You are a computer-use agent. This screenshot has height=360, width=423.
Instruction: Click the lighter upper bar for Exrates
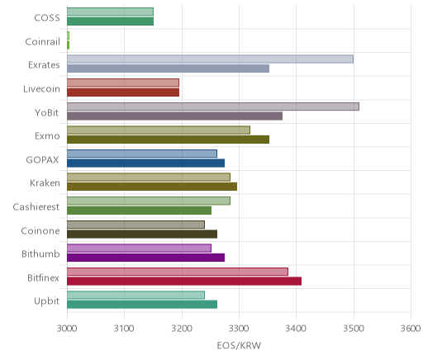[x=210, y=59]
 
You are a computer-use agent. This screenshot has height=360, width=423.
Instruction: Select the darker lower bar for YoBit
[x=174, y=116]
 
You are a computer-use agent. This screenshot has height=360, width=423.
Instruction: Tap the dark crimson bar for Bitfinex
[x=184, y=282]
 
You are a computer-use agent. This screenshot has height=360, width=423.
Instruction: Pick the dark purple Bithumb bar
[x=145, y=258]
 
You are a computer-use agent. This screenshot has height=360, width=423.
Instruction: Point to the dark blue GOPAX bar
[x=145, y=163]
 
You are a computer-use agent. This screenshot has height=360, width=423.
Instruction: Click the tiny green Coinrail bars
[x=68, y=40]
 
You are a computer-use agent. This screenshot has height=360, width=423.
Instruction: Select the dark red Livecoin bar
[x=123, y=92]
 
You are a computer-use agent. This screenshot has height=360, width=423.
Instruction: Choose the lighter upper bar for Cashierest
[x=149, y=201]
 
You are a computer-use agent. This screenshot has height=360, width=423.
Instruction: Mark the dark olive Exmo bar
[x=168, y=140]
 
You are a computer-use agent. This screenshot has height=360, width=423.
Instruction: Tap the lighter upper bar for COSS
[x=110, y=12]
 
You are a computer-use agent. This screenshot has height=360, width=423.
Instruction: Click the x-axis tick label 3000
[x=67, y=329]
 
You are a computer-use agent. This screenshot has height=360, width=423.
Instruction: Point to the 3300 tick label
[x=239, y=329]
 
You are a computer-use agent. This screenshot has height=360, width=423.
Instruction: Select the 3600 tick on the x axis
[x=411, y=329]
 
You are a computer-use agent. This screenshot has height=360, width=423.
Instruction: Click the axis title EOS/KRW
[x=239, y=345]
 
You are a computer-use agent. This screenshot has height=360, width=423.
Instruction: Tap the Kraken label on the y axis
[x=45, y=183]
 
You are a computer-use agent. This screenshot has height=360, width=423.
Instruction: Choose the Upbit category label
[x=46, y=301]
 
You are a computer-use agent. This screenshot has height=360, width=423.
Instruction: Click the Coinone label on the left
[x=40, y=230]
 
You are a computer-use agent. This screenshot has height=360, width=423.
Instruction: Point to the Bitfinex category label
[x=43, y=277]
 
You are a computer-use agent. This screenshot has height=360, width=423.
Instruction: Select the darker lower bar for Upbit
[x=142, y=305]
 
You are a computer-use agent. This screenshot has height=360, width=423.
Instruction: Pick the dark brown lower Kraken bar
[x=152, y=187]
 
